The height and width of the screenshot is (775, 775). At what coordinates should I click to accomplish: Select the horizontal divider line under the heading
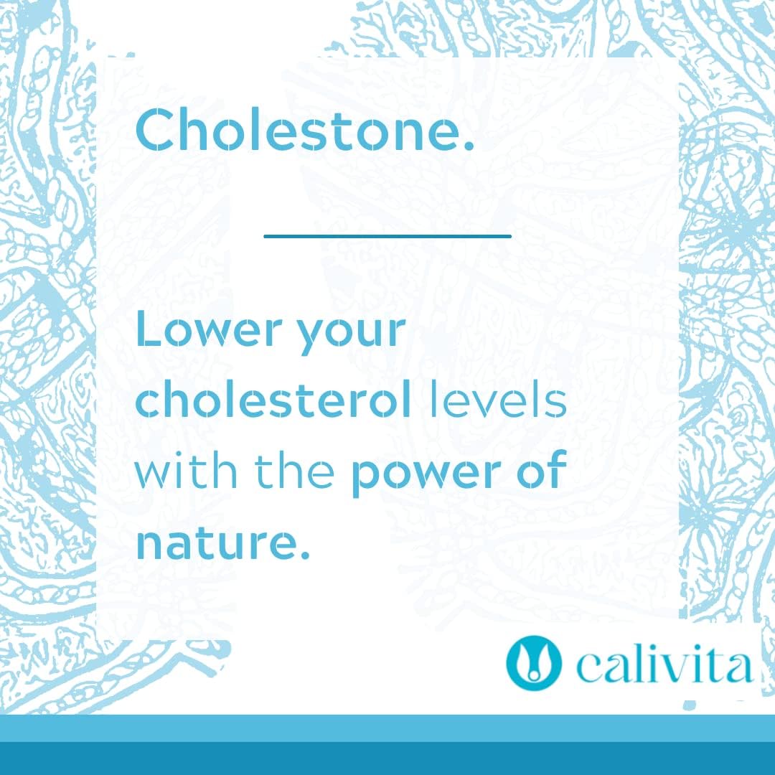coord(387,235)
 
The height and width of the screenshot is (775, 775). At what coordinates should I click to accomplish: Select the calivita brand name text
coord(664,665)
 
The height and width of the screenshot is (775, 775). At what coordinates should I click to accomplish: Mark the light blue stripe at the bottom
coord(387,728)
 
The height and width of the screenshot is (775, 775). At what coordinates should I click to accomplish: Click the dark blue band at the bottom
coord(387,759)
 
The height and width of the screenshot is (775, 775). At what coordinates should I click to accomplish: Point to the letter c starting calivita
coord(588,670)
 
